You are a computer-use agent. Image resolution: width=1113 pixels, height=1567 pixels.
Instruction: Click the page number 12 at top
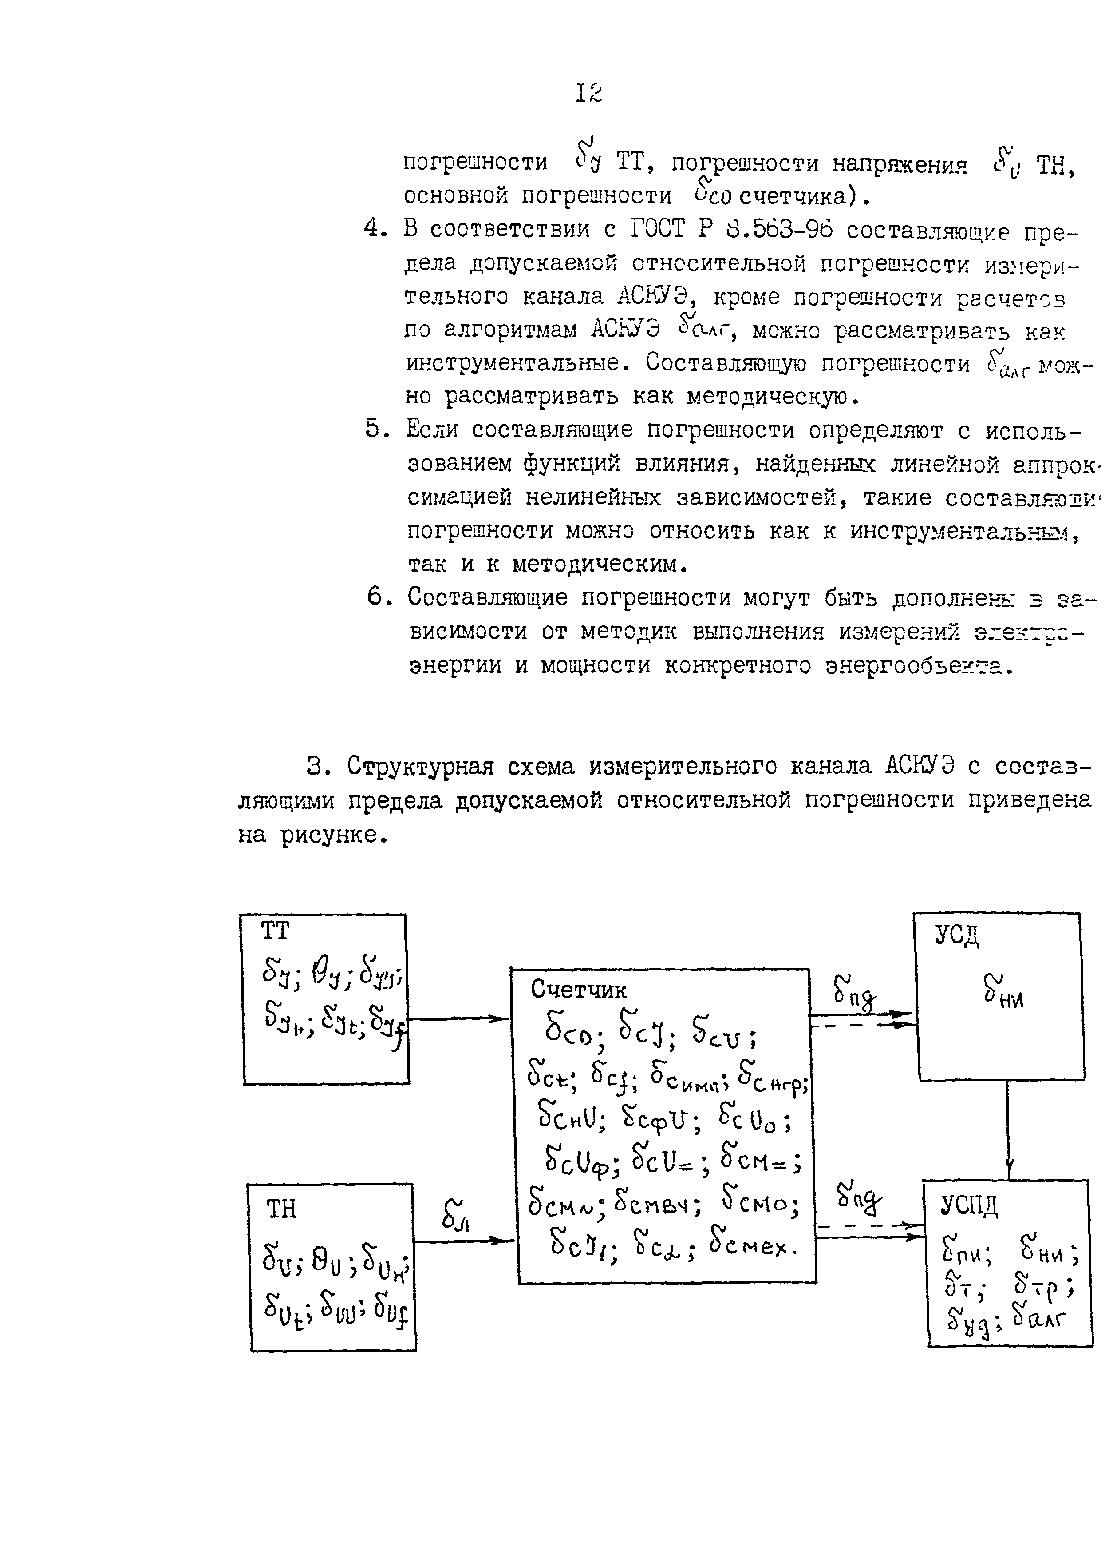coord(589,93)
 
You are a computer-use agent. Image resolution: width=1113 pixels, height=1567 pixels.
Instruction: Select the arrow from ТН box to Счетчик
coord(465,1240)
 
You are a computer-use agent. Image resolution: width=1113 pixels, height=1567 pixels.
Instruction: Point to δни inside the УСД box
coord(1003,994)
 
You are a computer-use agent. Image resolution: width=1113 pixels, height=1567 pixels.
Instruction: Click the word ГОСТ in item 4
coord(656,228)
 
